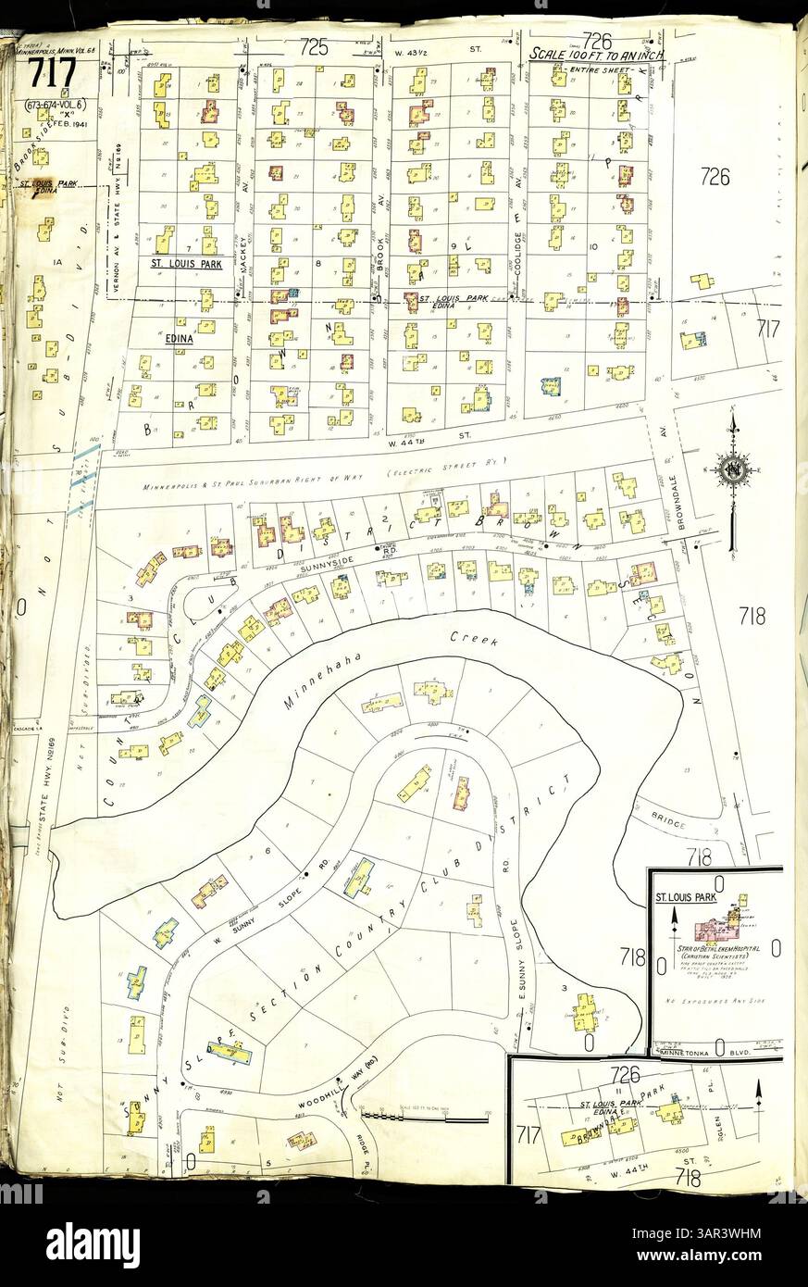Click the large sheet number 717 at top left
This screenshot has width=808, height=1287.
(x=52, y=77)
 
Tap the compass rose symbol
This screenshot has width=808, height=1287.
(x=733, y=470)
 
